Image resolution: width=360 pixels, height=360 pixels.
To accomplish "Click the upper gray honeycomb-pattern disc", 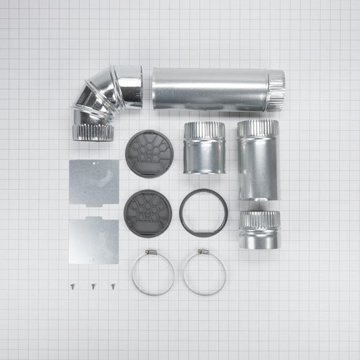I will tap(148, 153).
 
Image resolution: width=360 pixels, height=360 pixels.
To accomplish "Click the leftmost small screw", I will tap(70, 286).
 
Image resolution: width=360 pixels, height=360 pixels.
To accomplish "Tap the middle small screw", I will tap(92, 286).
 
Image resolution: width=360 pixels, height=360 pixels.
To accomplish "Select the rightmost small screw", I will tap(113, 286).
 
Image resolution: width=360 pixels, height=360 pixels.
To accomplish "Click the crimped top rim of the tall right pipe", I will tap(257, 127).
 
